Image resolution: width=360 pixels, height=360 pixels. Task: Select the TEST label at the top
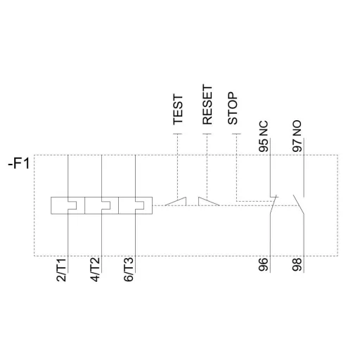tap(179, 110)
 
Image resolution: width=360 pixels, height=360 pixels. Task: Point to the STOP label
tap(234, 109)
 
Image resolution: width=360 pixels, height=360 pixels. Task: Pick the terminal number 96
tap(264, 266)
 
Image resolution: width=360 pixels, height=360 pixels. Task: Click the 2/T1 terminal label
tap(61, 270)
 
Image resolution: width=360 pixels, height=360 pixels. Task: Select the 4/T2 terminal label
tap(96, 270)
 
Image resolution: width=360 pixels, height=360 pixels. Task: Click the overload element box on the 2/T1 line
tap(67, 205)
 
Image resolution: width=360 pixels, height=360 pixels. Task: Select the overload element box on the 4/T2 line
tap(101, 205)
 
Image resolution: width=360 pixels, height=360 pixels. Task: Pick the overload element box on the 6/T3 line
tap(136, 205)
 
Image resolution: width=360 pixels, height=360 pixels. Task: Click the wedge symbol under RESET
tap(209, 202)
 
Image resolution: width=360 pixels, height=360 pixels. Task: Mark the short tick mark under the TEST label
tap(178, 133)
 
